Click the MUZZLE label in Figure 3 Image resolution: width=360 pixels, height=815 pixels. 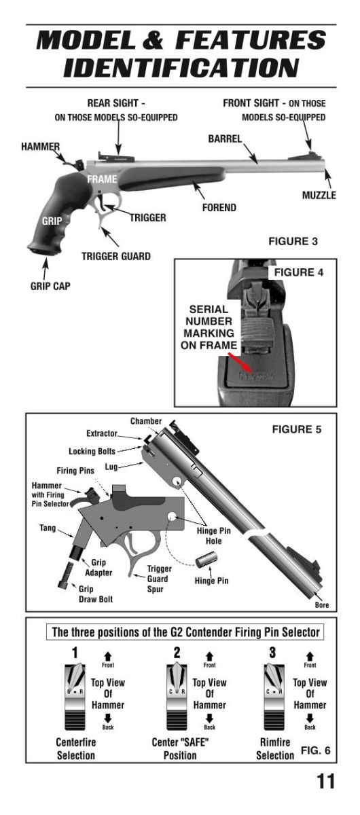click(x=319, y=196)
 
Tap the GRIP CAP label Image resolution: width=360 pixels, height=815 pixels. click(x=50, y=286)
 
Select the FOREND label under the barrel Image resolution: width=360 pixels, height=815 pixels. click(x=219, y=208)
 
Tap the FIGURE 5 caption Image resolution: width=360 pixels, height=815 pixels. click(x=297, y=429)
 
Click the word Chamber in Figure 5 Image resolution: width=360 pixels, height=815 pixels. click(x=146, y=421)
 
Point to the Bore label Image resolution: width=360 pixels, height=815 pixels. click(x=322, y=605)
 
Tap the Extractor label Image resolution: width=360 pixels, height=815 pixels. click(x=102, y=433)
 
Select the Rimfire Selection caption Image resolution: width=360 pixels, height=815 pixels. click(x=275, y=748)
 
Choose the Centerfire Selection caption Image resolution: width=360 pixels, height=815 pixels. click(x=75, y=748)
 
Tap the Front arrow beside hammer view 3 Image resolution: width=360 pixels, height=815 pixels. click(x=310, y=656)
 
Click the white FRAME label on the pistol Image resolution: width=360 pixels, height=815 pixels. click(x=102, y=179)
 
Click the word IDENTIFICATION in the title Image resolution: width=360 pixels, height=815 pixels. click(x=181, y=68)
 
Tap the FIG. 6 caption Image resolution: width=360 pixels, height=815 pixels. click(x=316, y=750)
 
